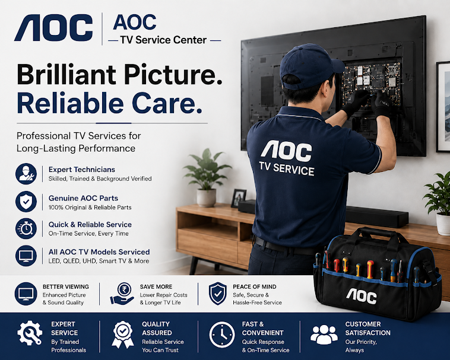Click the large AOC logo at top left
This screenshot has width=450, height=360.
53,28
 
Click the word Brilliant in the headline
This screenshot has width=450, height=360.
66,74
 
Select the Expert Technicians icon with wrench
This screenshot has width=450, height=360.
26,174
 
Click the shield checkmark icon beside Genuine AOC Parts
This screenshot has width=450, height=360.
26,202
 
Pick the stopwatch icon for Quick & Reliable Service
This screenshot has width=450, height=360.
26,228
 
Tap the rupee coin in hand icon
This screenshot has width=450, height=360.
122,294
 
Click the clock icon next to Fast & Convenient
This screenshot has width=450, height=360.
222,334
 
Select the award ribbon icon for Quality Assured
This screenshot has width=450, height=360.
123,334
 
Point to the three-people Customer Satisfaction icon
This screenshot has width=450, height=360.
324,334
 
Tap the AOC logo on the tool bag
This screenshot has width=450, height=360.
362,297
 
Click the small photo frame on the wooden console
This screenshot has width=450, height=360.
239,198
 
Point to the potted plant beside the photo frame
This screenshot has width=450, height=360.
207,178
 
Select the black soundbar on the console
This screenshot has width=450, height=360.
377,217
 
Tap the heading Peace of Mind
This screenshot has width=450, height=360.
255,286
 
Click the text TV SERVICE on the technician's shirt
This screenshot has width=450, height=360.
287,169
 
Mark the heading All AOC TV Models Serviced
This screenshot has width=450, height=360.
99,252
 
